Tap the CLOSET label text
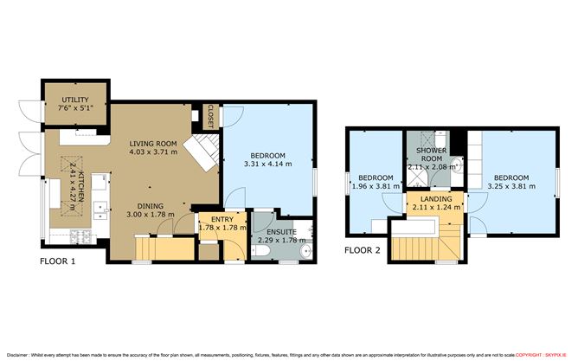coord(209,113)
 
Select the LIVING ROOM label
coord(153,144)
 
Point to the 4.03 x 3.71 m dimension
coord(153,152)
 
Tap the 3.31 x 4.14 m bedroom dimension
coord(268,163)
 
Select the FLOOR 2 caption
coord(362,251)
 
